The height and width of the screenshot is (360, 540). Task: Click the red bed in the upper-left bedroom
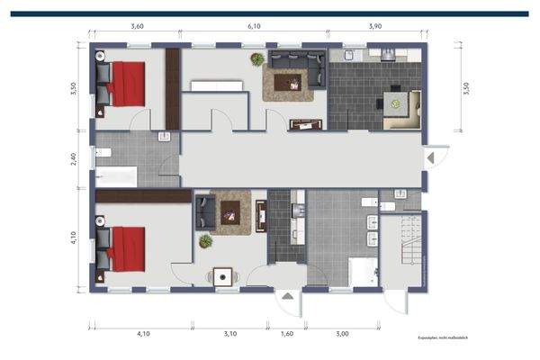[x=126, y=82]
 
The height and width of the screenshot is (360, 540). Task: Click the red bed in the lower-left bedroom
[x=126, y=247]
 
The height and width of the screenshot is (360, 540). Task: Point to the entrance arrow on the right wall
[x=430, y=157]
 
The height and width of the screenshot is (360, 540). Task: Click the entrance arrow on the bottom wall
[x=286, y=295]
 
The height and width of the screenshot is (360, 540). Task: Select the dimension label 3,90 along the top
[x=375, y=27]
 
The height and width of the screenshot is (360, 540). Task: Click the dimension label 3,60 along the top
[x=137, y=27]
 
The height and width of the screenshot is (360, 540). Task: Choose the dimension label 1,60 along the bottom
[x=287, y=334]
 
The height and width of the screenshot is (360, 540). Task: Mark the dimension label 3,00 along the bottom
[x=342, y=334]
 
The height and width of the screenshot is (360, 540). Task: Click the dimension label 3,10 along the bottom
[x=229, y=334]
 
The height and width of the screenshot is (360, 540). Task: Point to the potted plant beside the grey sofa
[x=258, y=60]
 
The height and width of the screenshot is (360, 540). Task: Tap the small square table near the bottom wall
[x=221, y=277]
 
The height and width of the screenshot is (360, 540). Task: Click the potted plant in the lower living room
[x=206, y=241]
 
